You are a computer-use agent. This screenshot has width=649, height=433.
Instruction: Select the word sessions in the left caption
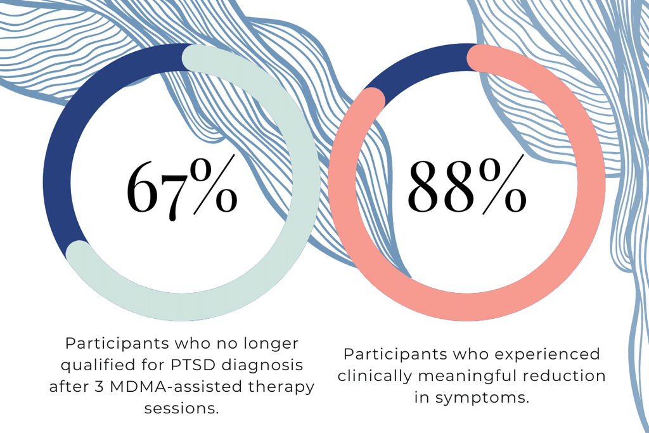coord(182,408)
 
